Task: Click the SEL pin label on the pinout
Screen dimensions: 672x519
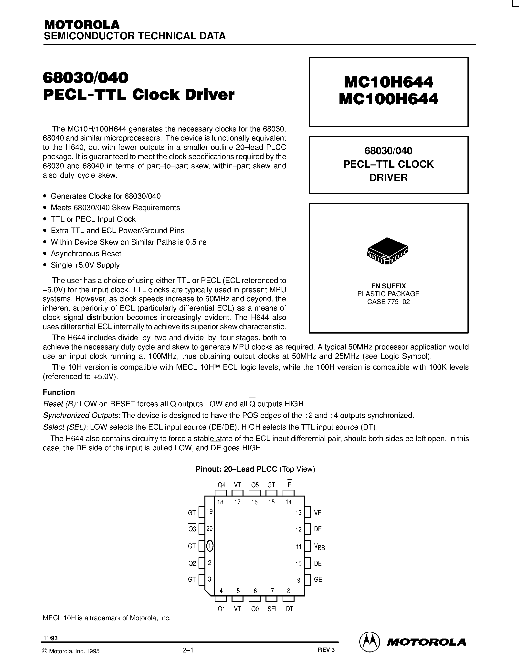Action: click(x=272, y=609)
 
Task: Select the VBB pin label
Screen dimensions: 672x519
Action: click(x=319, y=547)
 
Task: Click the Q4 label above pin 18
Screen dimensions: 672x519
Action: click(x=221, y=485)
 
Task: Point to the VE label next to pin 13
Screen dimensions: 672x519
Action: click(x=318, y=513)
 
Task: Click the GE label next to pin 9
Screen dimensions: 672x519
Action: click(x=318, y=579)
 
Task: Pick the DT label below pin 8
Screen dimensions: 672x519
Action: click(x=289, y=609)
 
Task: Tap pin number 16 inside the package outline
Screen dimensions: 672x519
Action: click(x=254, y=502)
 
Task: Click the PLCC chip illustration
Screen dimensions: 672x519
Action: click(x=387, y=250)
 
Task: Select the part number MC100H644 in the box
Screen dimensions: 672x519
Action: click(x=388, y=99)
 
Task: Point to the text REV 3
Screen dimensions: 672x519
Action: click(x=326, y=650)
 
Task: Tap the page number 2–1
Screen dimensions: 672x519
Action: click(x=188, y=650)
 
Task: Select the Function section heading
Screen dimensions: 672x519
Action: click(x=59, y=392)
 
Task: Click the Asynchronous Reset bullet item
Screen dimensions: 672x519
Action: click(x=86, y=254)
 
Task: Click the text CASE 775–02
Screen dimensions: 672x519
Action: click(x=388, y=302)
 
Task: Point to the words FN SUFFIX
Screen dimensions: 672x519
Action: click(x=388, y=286)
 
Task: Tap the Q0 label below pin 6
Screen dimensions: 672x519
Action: click(x=255, y=609)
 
